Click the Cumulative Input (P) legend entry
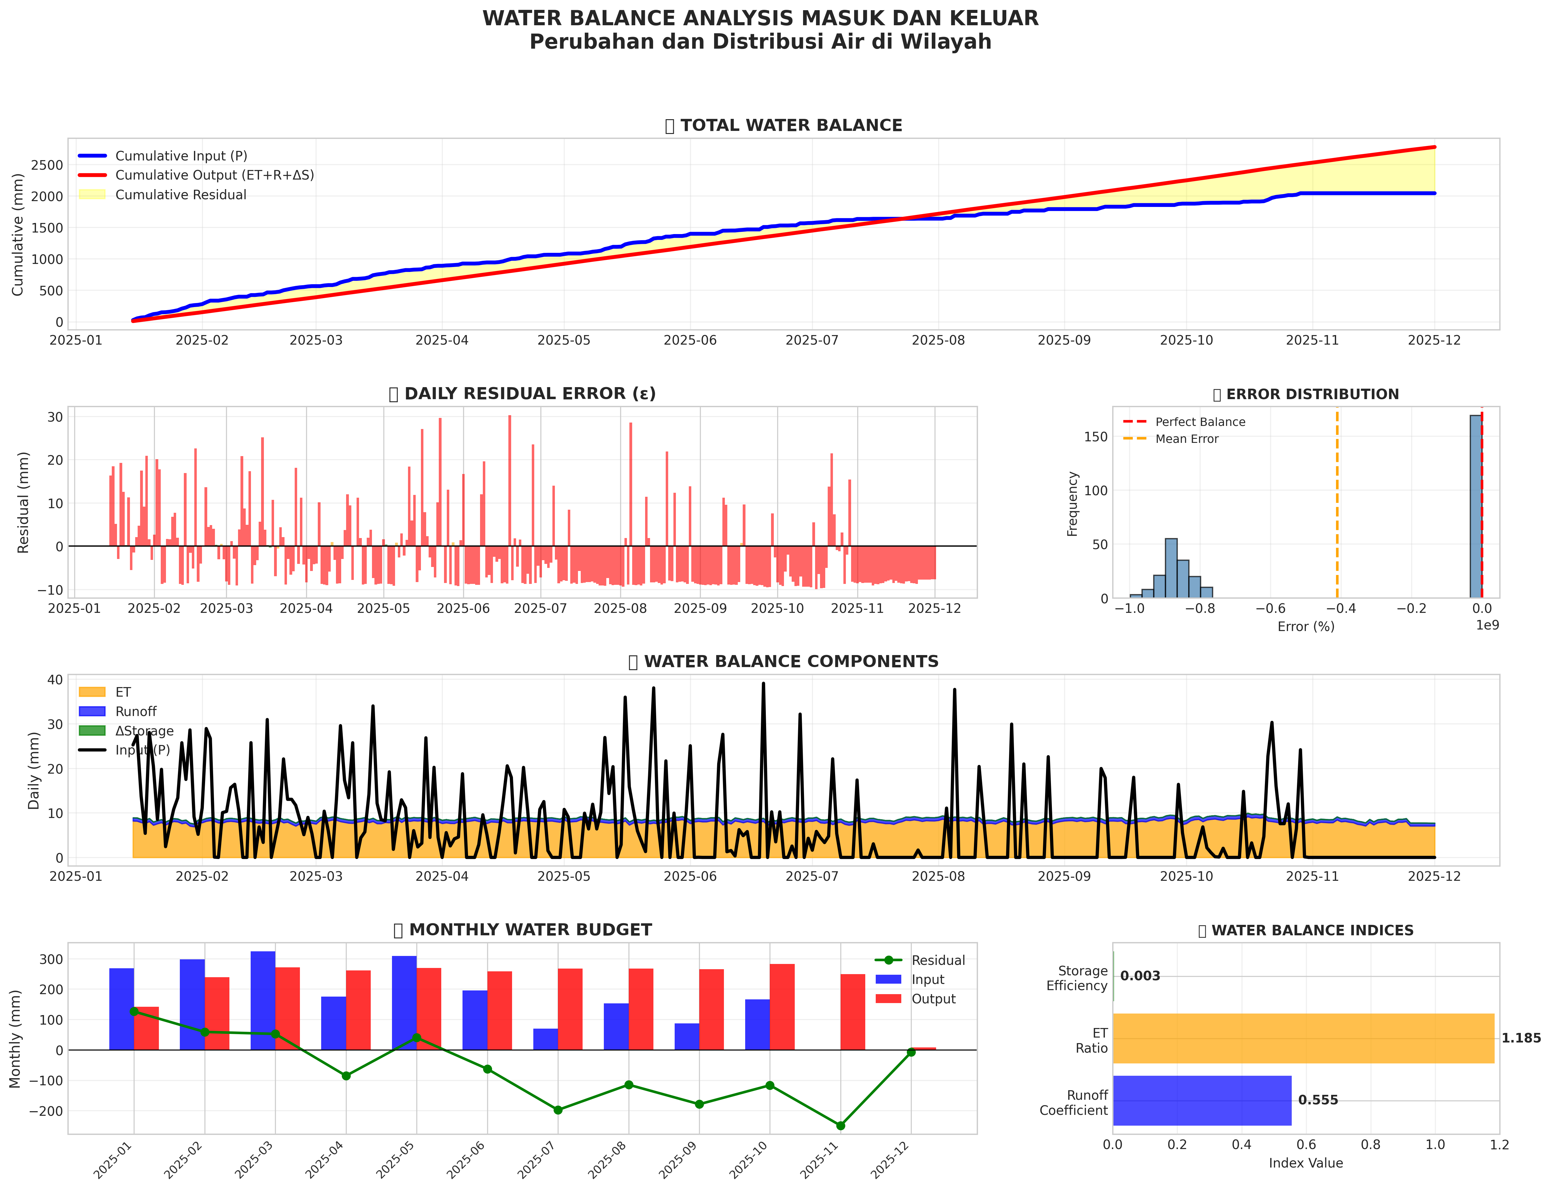(180, 156)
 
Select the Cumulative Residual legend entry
(180, 195)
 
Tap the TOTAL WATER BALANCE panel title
(791, 125)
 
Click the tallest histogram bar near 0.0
(1475, 506)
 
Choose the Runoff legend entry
(135, 711)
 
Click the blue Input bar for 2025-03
(263, 1000)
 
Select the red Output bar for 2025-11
(853, 1011)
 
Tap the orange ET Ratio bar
(1303, 1038)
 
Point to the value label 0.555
(1318, 1100)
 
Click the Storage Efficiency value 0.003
(1140, 976)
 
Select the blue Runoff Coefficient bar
(1202, 1100)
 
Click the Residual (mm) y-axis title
(23, 502)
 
